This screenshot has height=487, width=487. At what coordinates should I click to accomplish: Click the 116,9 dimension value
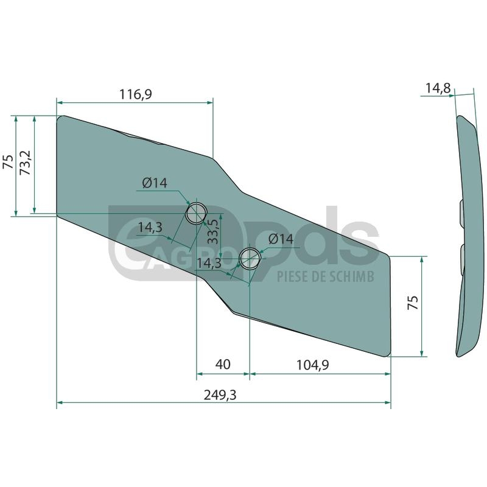pyautogui.click(x=136, y=94)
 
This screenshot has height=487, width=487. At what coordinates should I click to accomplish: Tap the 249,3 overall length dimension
pyautogui.click(x=220, y=395)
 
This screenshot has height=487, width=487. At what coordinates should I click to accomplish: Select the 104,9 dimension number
pyautogui.click(x=312, y=365)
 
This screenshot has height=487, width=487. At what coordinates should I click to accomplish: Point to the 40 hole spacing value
pyautogui.click(x=223, y=365)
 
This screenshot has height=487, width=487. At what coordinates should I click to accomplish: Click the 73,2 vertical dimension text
pyautogui.click(x=26, y=163)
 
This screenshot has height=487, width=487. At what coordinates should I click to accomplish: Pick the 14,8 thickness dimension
pyautogui.click(x=438, y=88)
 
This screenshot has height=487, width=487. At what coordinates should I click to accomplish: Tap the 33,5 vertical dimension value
pyautogui.click(x=212, y=231)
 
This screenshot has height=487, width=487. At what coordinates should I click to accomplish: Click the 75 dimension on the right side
pyautogui.click(x=413, y=303)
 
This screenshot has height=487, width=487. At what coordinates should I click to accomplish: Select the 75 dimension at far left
pyautogui.click(x=8, y=162)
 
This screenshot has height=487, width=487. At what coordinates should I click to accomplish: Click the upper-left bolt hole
pyautogui.click(x=196, y=213)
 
